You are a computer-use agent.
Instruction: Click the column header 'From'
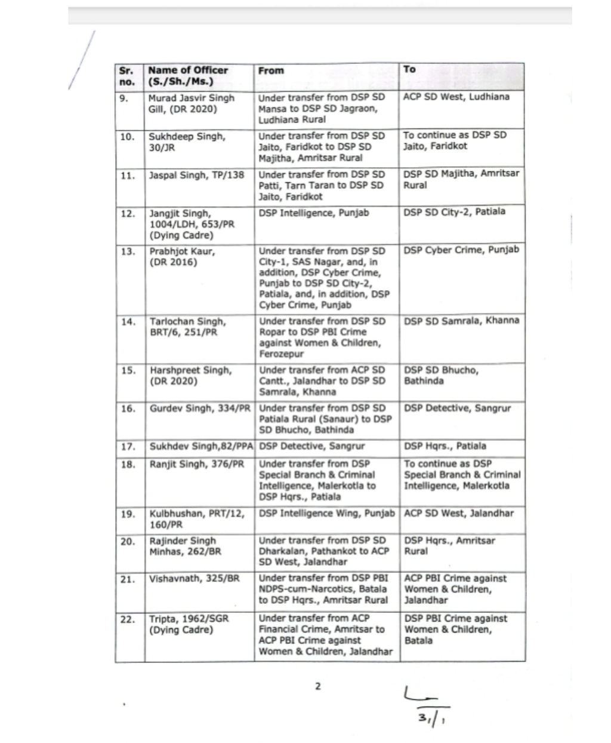(271, 70)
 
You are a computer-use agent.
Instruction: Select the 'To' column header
(409, 69)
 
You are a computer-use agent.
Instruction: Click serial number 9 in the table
(124, 99)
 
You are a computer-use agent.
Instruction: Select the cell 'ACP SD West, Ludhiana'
(456, 97)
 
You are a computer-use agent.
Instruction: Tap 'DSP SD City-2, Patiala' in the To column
(454, 212)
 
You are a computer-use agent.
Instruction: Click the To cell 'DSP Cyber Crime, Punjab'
(461, 250)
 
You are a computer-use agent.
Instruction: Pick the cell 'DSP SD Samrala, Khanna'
(461, 321)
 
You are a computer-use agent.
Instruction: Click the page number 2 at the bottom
(318, 686)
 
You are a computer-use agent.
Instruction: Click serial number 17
(128, 447)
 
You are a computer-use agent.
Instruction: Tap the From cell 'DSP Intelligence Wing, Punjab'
(327, 514)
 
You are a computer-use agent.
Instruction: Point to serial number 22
(128, 619)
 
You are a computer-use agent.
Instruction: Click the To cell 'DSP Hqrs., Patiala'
(445, 446)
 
